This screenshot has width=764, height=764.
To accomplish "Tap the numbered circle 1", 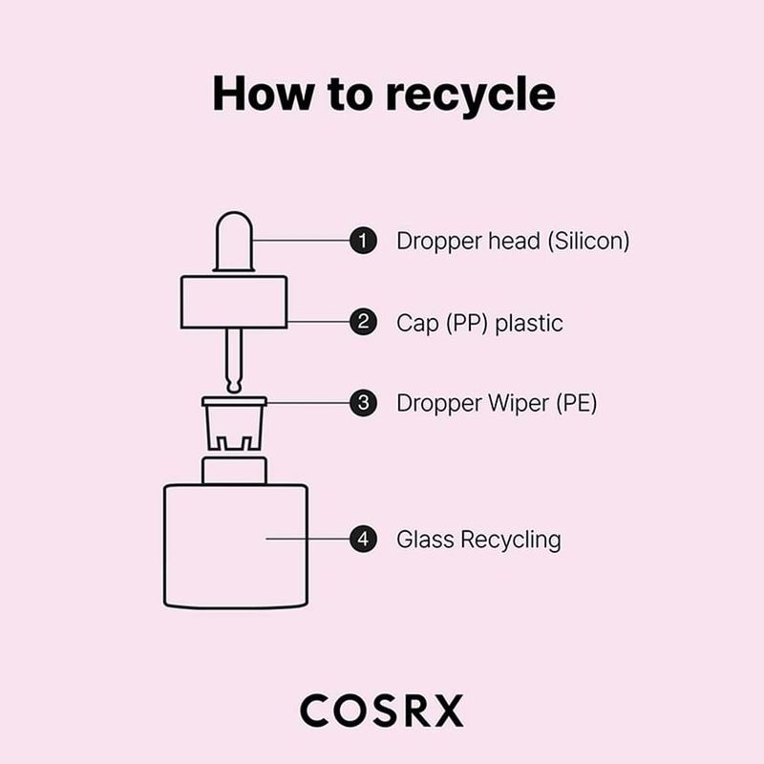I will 362,241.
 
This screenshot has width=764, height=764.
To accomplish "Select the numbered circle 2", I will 362,322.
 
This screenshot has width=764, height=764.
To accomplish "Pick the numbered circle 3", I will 362,403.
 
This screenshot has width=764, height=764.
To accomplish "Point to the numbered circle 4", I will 362,539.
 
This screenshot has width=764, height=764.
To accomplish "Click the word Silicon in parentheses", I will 588,241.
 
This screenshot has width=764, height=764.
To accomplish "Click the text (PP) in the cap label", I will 466,323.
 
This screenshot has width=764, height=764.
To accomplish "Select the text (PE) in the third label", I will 575,403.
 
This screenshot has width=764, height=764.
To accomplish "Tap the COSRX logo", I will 381,711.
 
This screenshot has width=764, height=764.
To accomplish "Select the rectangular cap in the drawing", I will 234,302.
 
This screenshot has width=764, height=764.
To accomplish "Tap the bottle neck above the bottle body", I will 234,470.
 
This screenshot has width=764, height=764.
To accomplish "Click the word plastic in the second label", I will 528,323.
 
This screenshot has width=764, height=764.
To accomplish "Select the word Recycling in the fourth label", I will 510,540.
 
